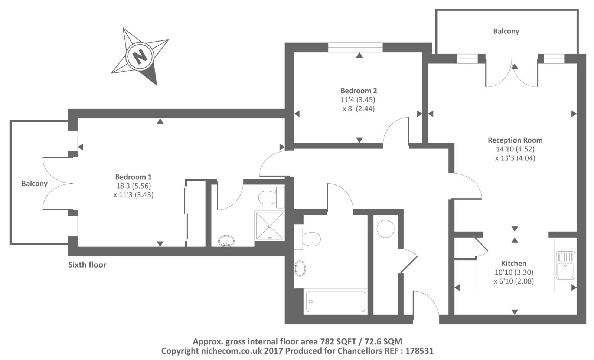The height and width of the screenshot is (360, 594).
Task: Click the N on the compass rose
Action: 140,57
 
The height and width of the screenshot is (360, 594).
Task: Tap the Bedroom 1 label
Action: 133,177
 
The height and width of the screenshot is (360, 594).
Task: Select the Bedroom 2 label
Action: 359,91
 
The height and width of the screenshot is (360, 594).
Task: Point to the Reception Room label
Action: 515,140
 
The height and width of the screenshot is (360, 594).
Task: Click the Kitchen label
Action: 514,264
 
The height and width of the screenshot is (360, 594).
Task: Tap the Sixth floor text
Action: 87,265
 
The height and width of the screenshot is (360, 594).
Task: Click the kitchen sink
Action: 565,265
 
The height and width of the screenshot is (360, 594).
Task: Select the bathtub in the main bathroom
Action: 336,302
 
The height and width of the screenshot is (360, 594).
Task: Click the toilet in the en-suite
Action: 270,197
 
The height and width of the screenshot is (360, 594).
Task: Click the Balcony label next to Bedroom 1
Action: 34,184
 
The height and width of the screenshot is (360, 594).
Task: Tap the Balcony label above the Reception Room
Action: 506,31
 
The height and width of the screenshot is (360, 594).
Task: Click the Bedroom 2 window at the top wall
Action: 355,47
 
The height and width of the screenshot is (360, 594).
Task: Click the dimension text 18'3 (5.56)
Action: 133,186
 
